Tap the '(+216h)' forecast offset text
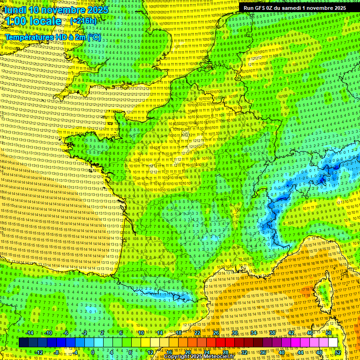tap(83, 21)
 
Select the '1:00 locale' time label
tap(34, 22)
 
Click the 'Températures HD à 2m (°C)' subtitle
tap(52, 37)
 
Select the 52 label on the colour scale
tap(338, 352)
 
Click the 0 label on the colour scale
tap(93, 352)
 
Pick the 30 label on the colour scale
tap(235, 333)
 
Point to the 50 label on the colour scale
tap(329, 333)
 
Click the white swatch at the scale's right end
tap(333, 343)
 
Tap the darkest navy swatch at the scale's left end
tap(23, 343)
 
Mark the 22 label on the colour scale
tap(197, 333)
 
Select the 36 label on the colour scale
tap(262, 352)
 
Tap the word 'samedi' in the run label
tap(295, 7)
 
